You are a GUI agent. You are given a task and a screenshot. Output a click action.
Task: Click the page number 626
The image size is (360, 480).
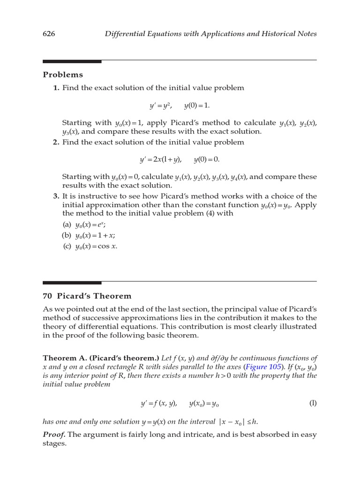click(49, 34)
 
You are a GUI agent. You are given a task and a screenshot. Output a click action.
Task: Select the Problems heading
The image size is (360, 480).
click(63, 75)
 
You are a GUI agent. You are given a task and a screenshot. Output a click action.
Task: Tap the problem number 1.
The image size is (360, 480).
click(56, 88)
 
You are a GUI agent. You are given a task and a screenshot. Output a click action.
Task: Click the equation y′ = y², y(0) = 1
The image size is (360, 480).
click(180, 105)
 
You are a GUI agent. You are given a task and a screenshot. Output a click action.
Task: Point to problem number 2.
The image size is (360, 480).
click(56, 142)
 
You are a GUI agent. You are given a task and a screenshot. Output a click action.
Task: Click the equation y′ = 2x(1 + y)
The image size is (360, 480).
click(160, 160)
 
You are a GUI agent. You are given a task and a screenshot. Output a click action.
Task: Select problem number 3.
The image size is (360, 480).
click(56, 196)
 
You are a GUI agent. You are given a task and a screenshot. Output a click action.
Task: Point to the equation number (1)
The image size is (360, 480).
click(313, 403)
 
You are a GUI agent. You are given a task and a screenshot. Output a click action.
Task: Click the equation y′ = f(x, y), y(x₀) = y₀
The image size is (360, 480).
click(180, 403)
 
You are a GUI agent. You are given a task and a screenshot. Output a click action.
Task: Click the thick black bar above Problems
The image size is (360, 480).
click(72, 61)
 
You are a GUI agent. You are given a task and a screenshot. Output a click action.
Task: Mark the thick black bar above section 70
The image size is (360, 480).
click(72, 283)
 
